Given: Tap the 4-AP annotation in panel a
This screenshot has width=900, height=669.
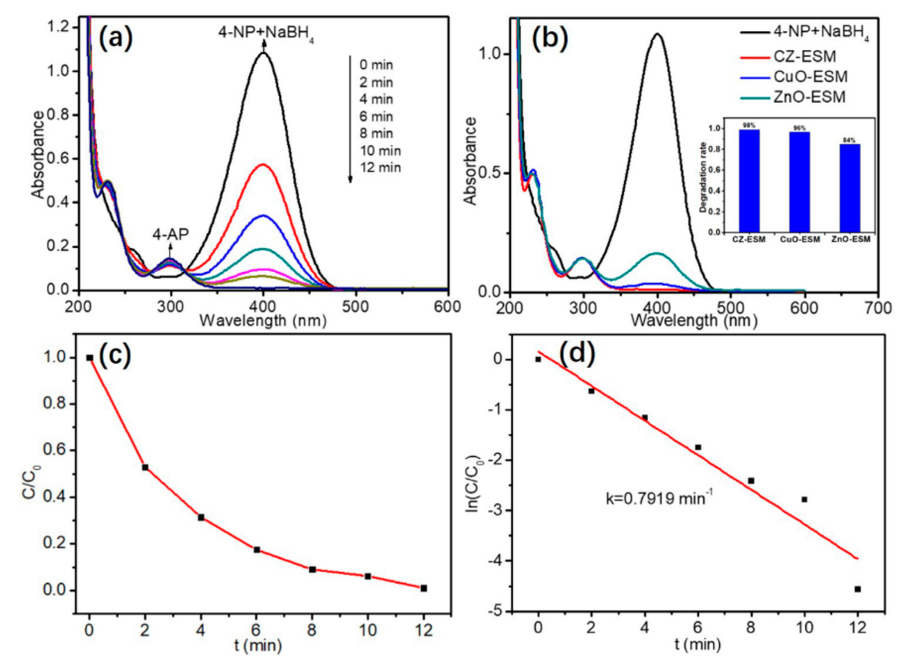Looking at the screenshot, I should (x=170, y=235).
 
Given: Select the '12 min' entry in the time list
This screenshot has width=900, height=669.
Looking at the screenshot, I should (x=380, y=168).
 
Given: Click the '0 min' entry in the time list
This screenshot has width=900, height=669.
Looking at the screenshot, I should (x=376, y=65).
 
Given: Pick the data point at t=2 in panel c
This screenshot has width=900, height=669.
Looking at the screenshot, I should (x=145, y=467).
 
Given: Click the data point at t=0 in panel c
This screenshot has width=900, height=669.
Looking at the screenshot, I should (x=90, y=358).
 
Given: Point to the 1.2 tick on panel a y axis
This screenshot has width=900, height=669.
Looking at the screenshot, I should (x=59, y=27).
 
